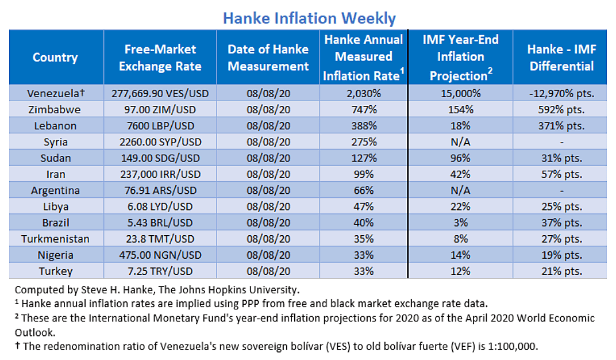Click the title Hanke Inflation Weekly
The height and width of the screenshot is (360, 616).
(x=309, y=18)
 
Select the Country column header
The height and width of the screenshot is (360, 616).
(x=55, y=58)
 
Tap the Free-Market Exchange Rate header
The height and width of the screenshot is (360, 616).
(x=160, y=58)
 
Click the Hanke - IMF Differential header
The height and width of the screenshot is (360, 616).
(x=561, y=58)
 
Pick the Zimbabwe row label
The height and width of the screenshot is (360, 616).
(x=55, y=109)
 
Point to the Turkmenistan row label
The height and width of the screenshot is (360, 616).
(x=55, y=238)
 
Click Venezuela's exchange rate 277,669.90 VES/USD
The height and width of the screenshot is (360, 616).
(x=160, y=93)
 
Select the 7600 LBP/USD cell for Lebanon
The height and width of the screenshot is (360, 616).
(x=160, y=125)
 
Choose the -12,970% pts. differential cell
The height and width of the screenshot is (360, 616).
(x=561, y=93)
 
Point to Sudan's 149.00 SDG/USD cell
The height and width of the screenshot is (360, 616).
(x=160, y=158)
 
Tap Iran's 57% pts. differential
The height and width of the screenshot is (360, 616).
(x=561, y=174)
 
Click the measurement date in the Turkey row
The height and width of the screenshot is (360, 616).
(x=268, y=271)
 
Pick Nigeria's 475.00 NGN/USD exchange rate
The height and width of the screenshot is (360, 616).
(x=160, y=255)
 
